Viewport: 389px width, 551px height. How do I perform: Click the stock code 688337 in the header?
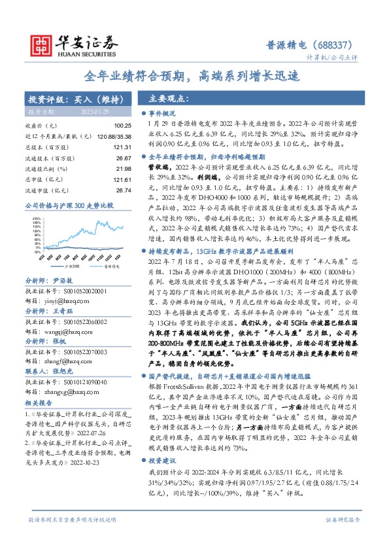click(x=337, y=45)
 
